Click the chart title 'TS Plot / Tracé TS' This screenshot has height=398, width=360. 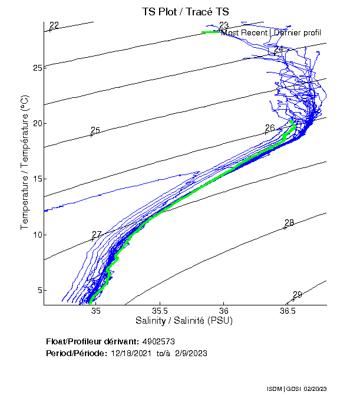pyautogui.click(x=186, y=11)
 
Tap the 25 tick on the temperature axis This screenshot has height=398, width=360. pyautogui.click(x=37, y=68)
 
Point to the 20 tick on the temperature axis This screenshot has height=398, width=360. pyautogui.click(x=37, y=123)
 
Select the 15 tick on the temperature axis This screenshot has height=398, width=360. pyautogui.click(x=37, y=179)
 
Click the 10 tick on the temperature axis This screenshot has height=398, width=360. pyautogui.click(x=37, y=235)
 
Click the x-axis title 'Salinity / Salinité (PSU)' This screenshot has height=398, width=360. pyautogui.click(x=184, y=321)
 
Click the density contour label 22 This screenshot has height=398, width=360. pyautogui.click(x=54, y=25)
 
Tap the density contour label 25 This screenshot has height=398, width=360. pyautogui.click(x=95, y=130)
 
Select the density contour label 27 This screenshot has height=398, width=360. pyautogui.click(x=97, y=235)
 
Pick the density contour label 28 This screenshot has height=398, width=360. pyautogui.click(x=289, y=223)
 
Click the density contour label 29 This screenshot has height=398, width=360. pyautogui.click(x=297, y=295)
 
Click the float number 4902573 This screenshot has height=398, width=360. pyautogui.click(x=158, y=341)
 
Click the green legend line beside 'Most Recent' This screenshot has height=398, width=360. pyautogui.click(x=210, y=32)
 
